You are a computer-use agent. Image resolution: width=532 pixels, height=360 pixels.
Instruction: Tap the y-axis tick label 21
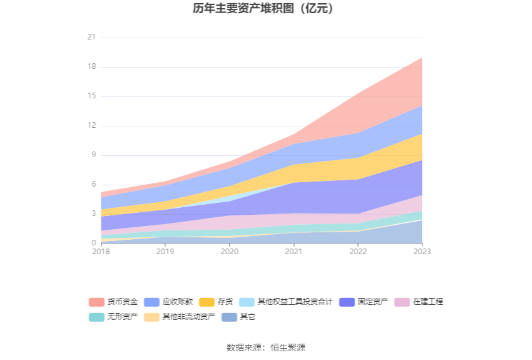pos(91,38)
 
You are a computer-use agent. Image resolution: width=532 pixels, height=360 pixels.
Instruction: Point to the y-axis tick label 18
pos(91,67)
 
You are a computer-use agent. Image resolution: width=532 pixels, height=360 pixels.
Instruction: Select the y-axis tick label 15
pos(91,96)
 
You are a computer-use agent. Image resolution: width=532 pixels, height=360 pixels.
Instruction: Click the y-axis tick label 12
pos(91,126)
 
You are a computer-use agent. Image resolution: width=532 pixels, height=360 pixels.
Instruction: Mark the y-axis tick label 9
pos(93,155)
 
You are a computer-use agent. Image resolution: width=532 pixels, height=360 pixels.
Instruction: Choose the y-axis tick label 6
pos(93,185)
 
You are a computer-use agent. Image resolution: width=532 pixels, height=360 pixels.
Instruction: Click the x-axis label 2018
pos(100,251)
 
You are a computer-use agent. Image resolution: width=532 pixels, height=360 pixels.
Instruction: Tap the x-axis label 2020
pos(229,251)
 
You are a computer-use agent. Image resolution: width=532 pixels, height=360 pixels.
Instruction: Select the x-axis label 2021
pos(294,251)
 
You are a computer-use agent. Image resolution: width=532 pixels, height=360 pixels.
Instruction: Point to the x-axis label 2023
pos(422,251)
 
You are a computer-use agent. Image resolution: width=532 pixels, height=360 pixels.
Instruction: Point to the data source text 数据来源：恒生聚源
pos(266,347)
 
